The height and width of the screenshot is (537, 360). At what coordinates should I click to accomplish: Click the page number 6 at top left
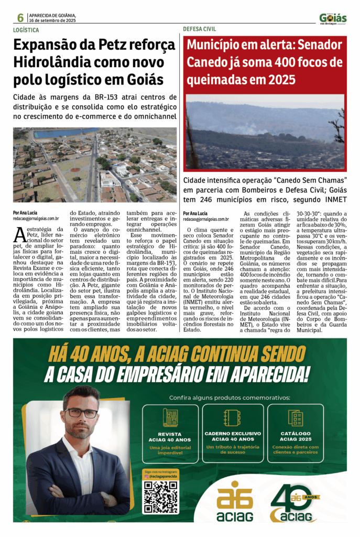(x=20, y=18)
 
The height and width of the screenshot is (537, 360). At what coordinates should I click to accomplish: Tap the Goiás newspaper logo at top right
(x=333, y=18)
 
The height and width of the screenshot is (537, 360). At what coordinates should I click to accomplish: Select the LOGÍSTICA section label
(x=26, y=30)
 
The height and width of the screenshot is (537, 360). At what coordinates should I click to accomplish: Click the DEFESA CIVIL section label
(x=200, y=29)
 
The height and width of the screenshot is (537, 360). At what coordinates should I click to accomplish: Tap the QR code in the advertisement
(x=161, y=496)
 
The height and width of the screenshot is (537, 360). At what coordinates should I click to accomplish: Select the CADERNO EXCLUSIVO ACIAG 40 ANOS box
(x=233, y=433)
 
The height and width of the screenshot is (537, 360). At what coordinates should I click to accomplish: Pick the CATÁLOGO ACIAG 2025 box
(x=296, y=433)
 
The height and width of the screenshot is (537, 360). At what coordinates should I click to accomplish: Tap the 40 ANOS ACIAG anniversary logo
(x=295, y=503)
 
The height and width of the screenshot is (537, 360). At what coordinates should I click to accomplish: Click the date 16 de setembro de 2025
(x=53, y=20)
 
